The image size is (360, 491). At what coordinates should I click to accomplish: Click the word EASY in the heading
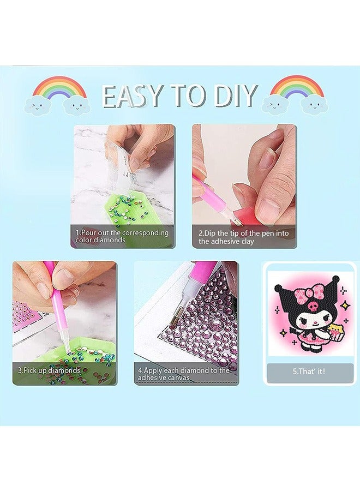click(134, 97)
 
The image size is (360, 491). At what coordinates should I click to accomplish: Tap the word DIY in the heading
click(231, 97)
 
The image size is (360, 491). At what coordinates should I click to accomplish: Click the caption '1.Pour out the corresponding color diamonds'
click(122, 236)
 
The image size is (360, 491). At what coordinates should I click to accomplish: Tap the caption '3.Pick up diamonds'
click(49, 370)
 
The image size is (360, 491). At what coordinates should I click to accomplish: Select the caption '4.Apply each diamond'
click(183, 374)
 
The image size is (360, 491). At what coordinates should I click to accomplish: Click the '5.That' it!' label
click(310, 371)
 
